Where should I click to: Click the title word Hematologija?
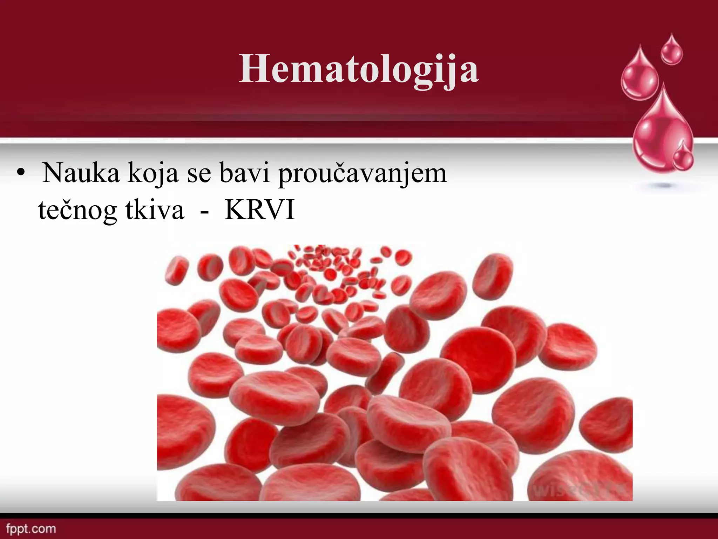tap(358, 69)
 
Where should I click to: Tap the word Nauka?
tap(81, 173)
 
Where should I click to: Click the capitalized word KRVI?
tap(259, 209)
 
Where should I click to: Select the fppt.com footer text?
tap(31, 529)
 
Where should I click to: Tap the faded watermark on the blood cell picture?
tap(578, 490)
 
